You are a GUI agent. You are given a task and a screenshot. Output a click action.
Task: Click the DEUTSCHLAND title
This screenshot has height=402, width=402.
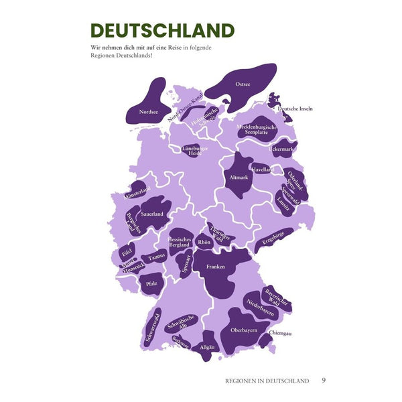163,31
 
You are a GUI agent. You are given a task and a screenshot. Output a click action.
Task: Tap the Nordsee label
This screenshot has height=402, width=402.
149,112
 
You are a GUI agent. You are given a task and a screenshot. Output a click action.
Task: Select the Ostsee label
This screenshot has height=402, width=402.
243,84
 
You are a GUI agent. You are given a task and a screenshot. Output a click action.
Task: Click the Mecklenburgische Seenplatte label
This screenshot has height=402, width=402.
257,129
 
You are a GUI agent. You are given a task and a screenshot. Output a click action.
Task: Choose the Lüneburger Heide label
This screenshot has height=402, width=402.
195,151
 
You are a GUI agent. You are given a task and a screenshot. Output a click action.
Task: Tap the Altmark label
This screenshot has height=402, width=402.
239,178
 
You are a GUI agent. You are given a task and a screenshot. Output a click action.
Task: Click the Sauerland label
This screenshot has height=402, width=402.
153,214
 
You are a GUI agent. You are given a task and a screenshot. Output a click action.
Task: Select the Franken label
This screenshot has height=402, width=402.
216,267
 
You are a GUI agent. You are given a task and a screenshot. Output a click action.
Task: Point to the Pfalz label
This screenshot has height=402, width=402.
151,284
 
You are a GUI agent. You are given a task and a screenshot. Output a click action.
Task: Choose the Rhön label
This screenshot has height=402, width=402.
204,242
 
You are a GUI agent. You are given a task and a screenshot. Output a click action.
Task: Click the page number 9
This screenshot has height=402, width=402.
324,381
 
